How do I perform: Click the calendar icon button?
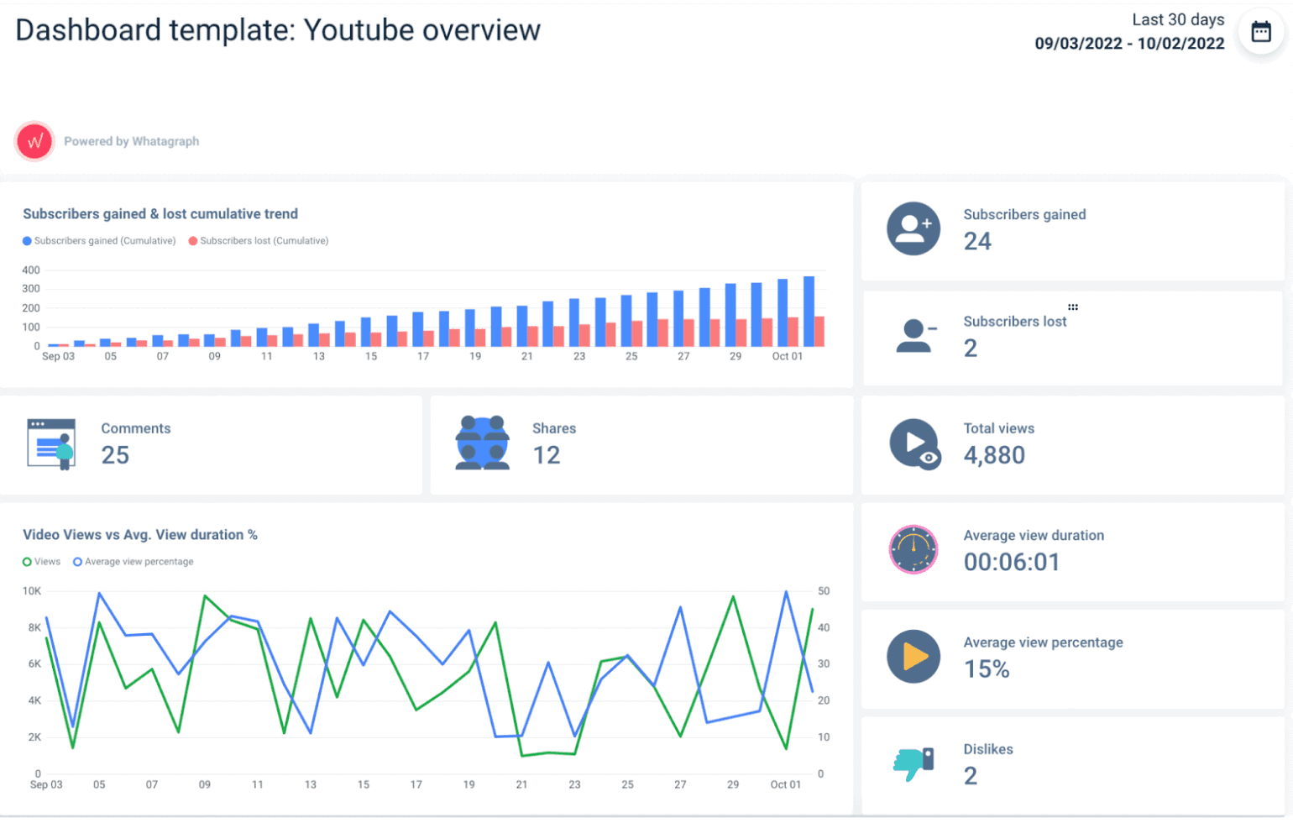1260,32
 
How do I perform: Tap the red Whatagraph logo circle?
34,141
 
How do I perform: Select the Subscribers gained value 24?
977,242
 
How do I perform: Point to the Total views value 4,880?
994,455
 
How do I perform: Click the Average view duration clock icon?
913,550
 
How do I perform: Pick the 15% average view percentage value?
987,669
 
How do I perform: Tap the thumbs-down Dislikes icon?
913,763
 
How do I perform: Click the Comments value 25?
115,455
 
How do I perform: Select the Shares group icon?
482,443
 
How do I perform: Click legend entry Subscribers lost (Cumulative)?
259,241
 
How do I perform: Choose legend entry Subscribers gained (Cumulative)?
99,241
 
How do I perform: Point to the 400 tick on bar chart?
31,270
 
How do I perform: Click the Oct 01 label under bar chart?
787,357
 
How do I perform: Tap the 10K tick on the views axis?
32,591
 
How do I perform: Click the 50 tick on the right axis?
824,591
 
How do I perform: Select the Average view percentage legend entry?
133,562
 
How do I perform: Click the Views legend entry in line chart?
42,562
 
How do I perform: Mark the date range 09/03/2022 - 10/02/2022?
1129,44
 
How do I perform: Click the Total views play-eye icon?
914,443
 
